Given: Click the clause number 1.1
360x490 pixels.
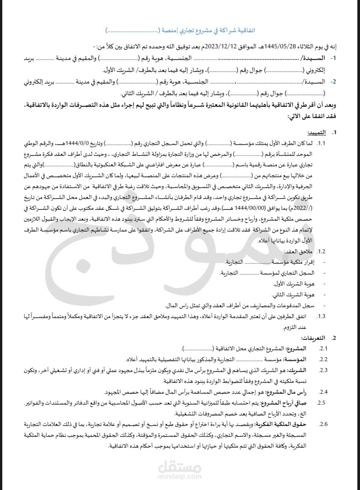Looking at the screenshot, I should [321, 143].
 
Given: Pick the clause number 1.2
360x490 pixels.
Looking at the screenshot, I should [321, 251].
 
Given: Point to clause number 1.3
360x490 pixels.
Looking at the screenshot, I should [321, 317].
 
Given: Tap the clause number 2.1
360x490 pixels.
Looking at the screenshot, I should [323, 349].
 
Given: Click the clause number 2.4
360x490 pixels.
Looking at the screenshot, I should [323, 392].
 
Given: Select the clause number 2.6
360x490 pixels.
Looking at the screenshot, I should [323, 424].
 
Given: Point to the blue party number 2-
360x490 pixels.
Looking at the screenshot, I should [333, 81].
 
